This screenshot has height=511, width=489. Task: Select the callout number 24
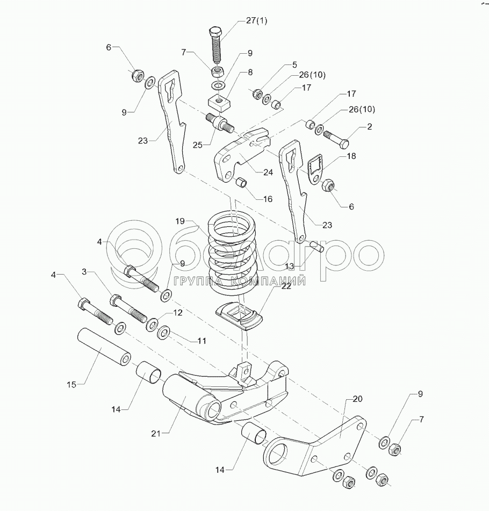(268, 173)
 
